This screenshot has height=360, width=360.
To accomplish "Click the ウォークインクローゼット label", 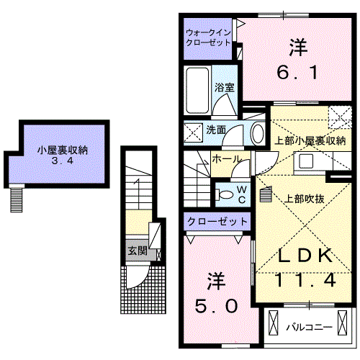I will [208, 37].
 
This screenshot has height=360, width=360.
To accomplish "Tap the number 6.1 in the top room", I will [299, 73].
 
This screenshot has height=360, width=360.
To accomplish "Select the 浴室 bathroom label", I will [223, 88].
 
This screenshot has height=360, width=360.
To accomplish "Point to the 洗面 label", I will [217, 130].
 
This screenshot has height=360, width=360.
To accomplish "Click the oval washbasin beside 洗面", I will [257, 132].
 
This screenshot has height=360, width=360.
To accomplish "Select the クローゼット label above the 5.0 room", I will [217, 221].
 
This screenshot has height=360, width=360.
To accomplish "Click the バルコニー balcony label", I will [310, 327].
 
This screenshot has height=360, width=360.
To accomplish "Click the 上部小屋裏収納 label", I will [310, 140].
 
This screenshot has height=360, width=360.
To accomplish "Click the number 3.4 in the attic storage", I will [63, 162].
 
